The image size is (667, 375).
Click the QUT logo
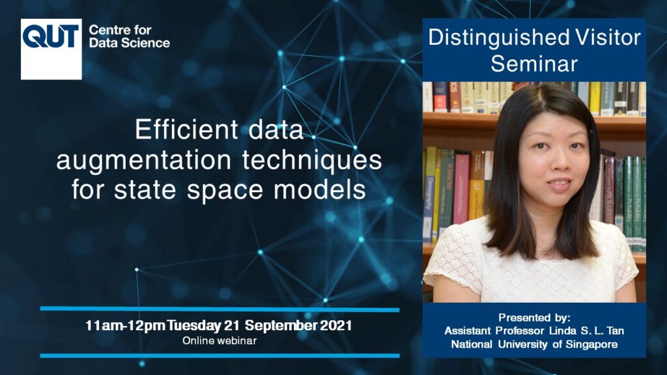pos(51,49)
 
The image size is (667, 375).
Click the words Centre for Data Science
pos(130,36)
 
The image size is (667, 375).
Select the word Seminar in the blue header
pos(534,64)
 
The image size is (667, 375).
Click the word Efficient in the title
pos(186,130)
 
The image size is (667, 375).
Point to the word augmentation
pos(144,161)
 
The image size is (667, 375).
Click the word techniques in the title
pos(312,160)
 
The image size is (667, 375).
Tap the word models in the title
pos(319,189)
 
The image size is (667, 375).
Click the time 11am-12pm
pos(125,326)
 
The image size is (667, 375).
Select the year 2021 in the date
pos(336,326)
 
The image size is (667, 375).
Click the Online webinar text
pos(220,340)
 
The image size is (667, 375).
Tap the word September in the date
pos(281,326)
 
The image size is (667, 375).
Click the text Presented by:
pos(534,318)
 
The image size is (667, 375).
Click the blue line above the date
pos(220,309)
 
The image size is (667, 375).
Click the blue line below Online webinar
pos(220,355)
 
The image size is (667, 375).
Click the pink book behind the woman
pos(461,189)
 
